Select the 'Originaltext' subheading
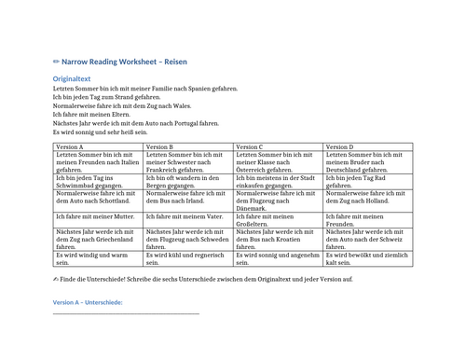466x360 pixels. (72, 79)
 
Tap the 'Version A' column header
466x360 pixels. (70, 147)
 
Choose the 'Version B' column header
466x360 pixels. (159, 147)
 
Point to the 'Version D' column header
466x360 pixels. (340, 147)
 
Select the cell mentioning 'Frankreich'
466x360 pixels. (187, 163)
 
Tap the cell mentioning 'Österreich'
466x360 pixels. (278, 163)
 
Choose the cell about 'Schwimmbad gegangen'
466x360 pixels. (98, 182)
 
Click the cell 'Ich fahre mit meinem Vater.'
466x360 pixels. (187, 216)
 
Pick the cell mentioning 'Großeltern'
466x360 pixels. (278, 220)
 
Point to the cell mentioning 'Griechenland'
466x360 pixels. (98, 240)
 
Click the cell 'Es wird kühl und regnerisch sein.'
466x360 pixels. (187, 258)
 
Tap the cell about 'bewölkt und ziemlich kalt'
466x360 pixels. (367, 258)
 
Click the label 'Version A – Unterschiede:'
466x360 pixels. (88, 303)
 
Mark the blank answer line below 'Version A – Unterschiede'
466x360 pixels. (126, 314)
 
